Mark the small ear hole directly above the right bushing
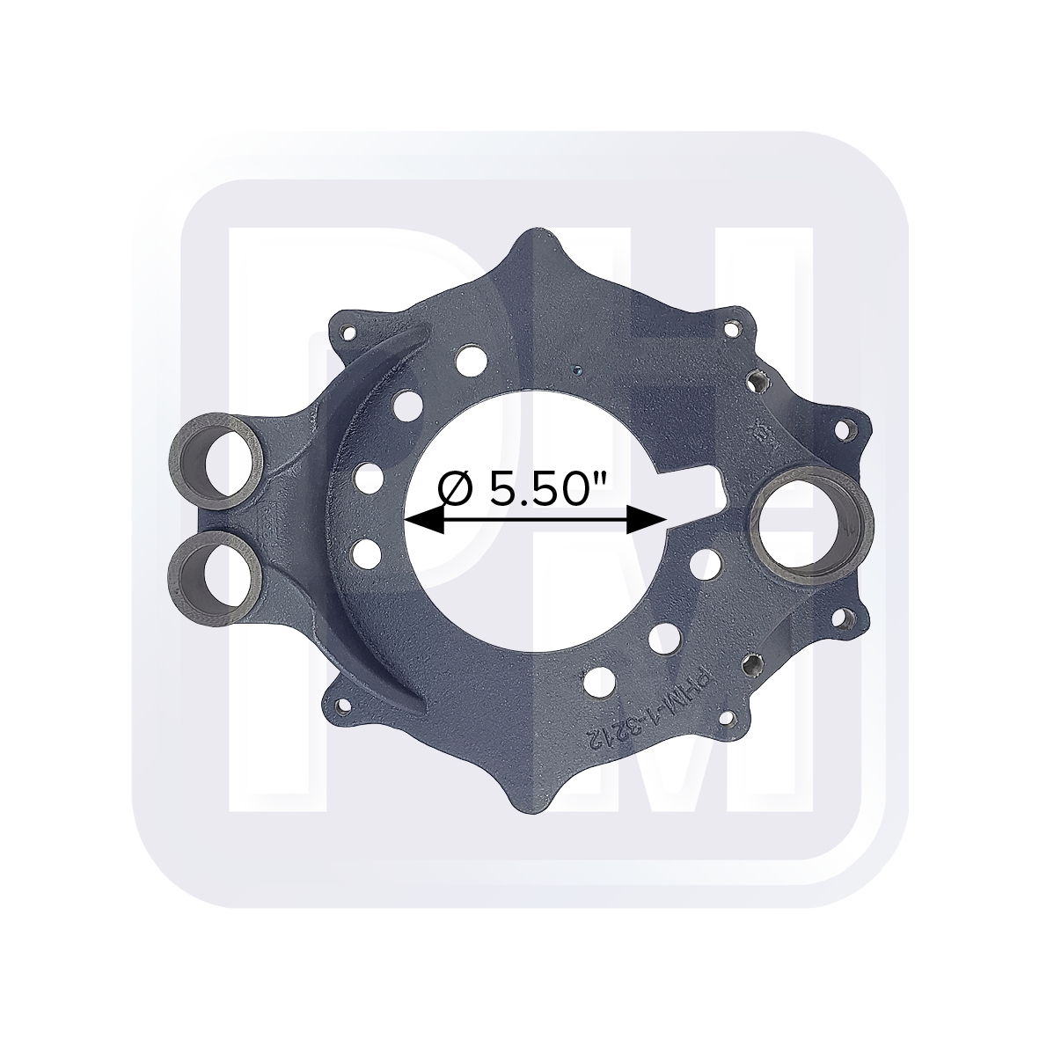[x=842, y=431]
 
